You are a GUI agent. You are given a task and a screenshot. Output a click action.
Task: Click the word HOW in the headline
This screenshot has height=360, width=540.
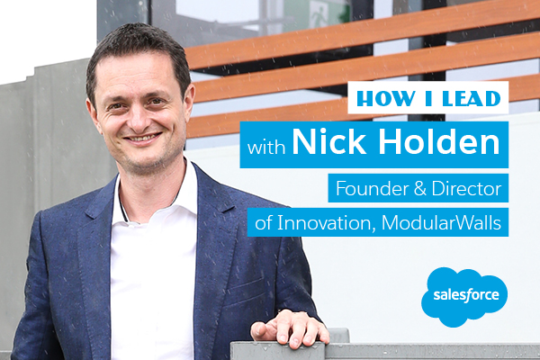click(x=386, y=98)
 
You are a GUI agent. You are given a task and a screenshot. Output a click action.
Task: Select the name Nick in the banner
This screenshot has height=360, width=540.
click(x=328, y=142)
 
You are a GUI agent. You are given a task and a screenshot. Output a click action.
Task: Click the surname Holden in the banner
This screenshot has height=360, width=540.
click(x=439, y=142)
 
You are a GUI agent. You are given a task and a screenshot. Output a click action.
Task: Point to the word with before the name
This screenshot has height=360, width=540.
click(x=266, y=147)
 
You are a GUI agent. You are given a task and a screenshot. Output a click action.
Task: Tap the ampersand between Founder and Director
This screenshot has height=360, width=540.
click(x=420, y=189)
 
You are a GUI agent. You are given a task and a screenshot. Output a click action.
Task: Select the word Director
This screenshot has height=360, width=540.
click(x=466, y=188)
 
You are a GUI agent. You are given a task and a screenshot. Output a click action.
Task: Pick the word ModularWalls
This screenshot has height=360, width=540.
click(x=441, y=223)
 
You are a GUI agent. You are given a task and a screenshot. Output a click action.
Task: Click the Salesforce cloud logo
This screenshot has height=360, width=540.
click(x=464, y=297)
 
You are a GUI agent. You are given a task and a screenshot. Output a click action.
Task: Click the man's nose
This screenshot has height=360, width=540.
click(x=140, y=117)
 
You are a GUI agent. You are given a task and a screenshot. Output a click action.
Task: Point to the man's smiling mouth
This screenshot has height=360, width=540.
click(x=142, y=138)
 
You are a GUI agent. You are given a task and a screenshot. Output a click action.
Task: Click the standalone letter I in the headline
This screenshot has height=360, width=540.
click(x=428, y=98)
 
